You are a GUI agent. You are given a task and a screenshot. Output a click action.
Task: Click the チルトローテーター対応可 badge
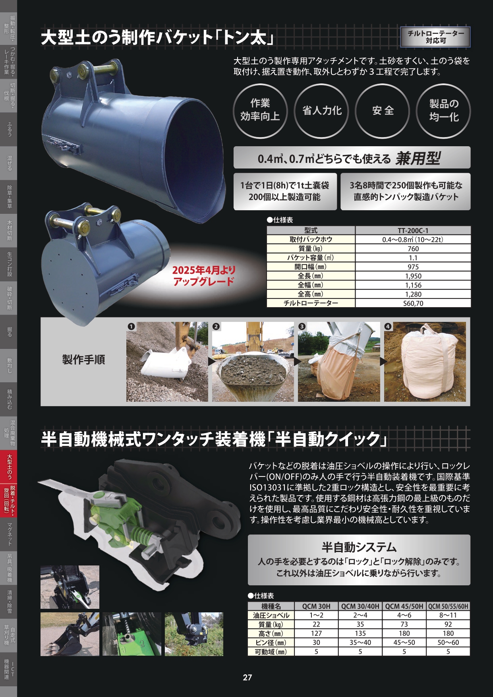click(x=436, y=37)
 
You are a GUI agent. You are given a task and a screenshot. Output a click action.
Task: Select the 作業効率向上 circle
click(x=260, y=110)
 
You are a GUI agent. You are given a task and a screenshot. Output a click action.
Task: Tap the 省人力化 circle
click(x=322, y=110)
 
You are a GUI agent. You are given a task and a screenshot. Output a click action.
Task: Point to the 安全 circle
click(x=383, y=110)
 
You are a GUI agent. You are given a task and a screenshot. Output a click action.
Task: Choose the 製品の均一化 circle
click(x=444, y=110)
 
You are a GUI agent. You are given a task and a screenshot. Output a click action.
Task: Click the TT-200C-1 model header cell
click(x=413, y=230)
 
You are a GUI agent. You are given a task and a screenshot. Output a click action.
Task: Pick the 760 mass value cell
click(x=413, y=249)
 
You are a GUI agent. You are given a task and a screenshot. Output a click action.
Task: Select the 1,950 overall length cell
click(x=413, y=276)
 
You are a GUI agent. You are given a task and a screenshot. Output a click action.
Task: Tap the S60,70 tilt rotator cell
click(x=413, y=304)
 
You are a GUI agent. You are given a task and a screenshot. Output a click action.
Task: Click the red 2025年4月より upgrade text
click(x=204, y=270)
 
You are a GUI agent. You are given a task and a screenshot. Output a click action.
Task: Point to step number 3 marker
click(x=302, y=327)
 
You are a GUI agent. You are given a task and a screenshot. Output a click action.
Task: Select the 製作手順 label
click(x=83, y=360)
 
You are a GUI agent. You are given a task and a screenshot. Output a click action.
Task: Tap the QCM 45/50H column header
click(x=404, y=606)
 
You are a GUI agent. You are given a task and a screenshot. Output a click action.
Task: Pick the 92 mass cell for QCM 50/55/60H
click(x=448, y=625)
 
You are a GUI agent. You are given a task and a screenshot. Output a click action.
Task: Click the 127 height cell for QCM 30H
click(x=316, y=634)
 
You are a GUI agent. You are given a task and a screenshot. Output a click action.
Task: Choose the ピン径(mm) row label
click(x=271, y=643)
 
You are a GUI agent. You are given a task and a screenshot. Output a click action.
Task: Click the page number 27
click(x=247, y=678)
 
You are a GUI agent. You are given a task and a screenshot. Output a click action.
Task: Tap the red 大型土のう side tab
click(x=9, y=467)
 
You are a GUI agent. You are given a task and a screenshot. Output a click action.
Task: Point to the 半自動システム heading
click(x=359, y=548)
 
